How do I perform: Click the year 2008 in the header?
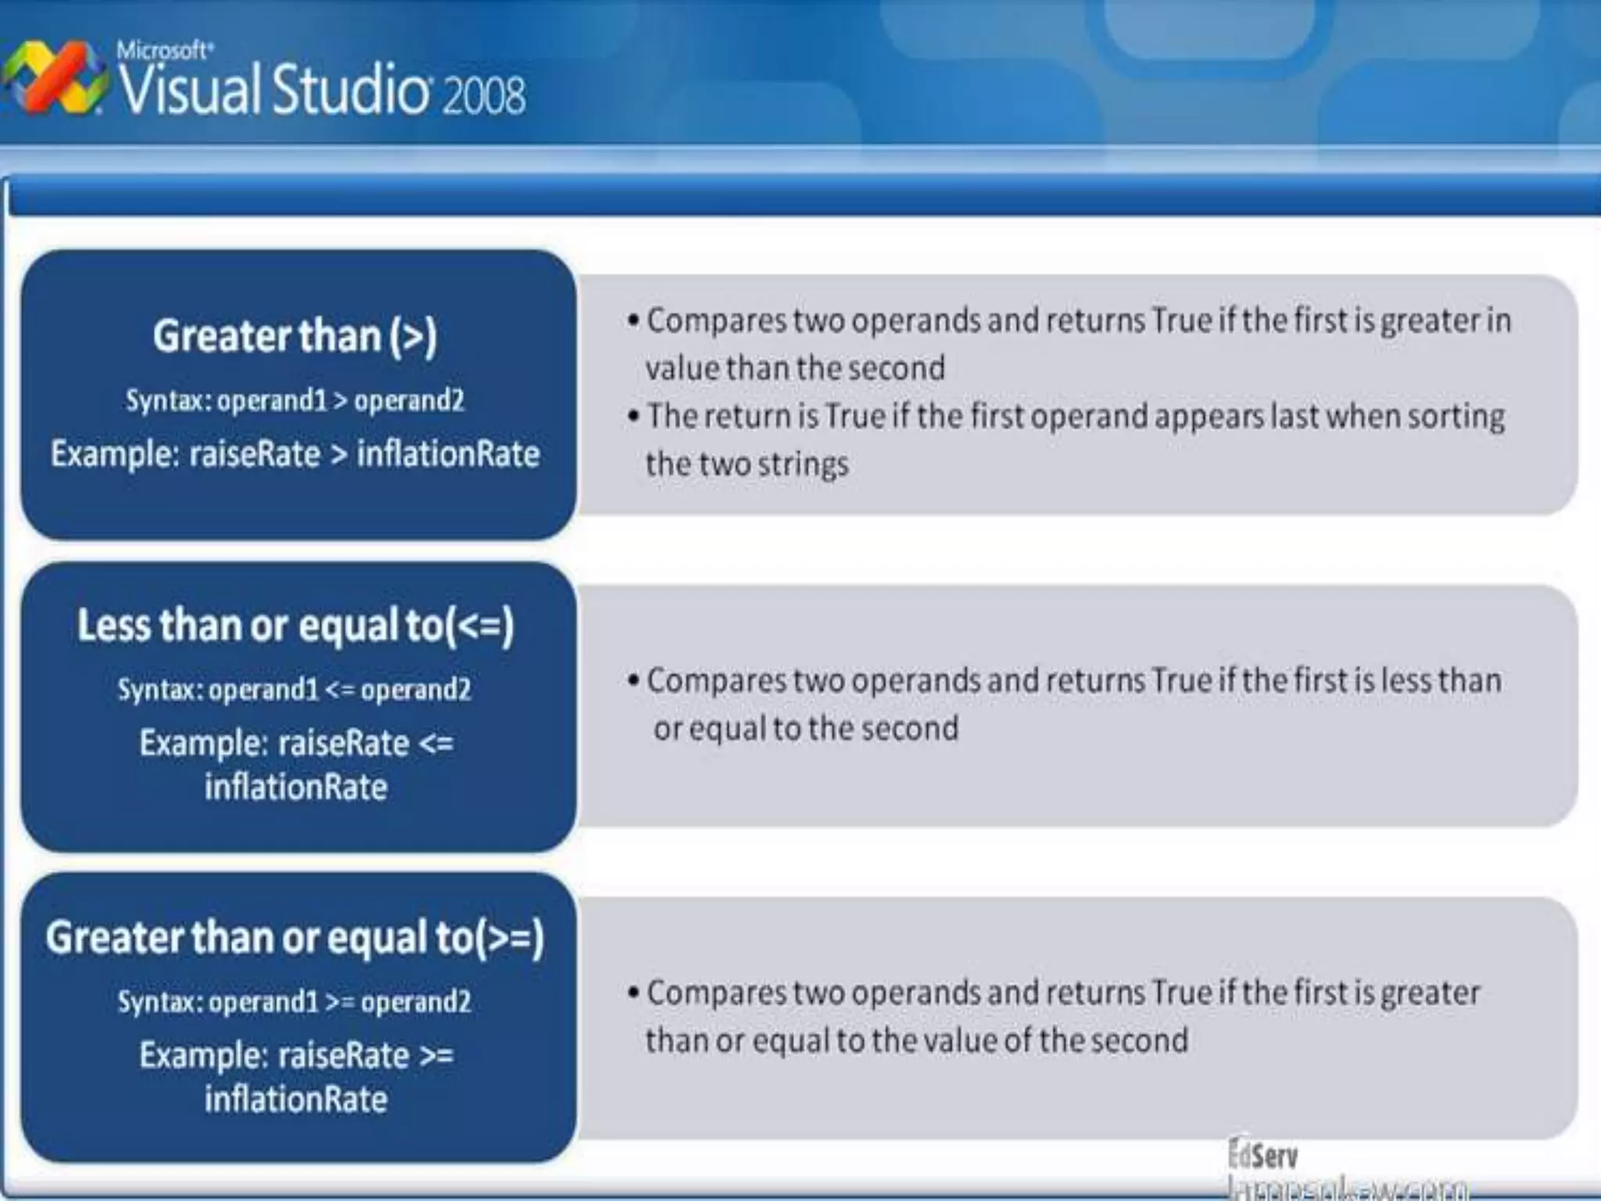tap(484, 96)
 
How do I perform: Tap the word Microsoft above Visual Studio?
tap(163, 51)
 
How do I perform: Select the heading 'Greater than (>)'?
tap(295, 335)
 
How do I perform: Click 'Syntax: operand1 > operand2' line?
tap(295, 400)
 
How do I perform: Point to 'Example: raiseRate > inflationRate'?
tap(295, 454)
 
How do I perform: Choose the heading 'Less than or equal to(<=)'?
tap(295, 626)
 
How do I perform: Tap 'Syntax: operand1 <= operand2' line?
tap(295, 690)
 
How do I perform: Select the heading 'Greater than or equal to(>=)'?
tap(295, 937)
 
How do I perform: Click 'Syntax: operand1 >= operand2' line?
tap(295, 1002)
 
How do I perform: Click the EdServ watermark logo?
tap(1263, 1156)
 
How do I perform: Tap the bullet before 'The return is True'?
tap(633, 416)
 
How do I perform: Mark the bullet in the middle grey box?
tap(633, 680)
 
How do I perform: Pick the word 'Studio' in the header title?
tap(350, 90)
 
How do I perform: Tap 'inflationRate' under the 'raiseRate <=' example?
tap(295, 787)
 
